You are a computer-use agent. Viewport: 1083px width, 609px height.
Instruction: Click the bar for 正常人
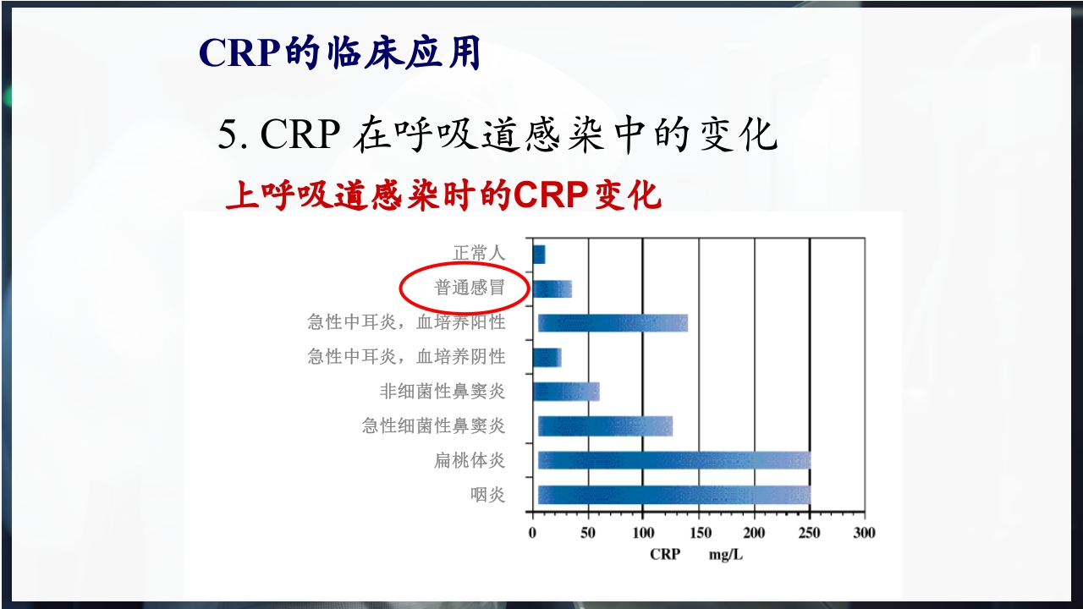tap(539, 254)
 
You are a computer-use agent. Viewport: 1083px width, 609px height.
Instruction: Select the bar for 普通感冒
tap(552, 288)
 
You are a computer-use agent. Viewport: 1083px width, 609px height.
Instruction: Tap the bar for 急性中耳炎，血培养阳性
tap(613, 323)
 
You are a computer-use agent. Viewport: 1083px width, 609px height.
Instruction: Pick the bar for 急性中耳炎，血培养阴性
tap(547, 358)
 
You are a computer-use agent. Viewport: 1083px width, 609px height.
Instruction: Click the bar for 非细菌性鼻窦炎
tap(566, 392)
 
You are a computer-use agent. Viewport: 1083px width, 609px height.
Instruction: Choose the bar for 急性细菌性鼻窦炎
tap(605, 426)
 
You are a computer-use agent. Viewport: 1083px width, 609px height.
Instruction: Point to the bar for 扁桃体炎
tap(674, 460)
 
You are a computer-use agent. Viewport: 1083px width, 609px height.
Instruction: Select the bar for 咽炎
tap(674, 495)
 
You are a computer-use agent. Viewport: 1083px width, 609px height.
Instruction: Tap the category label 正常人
tap(479, 253)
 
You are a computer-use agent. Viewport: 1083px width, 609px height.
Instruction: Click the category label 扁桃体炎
tap(470, 460)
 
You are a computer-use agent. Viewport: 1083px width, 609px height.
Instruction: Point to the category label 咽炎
tap(488, 495)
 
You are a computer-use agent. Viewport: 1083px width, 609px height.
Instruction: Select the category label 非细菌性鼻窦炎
tap(443, 392)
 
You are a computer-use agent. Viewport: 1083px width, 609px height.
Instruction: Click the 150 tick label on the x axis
tap(700, 533)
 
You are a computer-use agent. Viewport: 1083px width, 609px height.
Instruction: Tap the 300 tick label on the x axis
tap(864, 533)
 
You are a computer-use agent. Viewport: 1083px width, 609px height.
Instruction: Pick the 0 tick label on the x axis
tap(532, 533)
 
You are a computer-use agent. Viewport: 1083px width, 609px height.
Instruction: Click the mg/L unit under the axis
tap(725, 555)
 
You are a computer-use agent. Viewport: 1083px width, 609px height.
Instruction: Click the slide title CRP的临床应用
tap(339, 53)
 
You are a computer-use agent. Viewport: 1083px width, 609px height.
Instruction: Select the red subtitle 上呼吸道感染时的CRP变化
tap(443, 196)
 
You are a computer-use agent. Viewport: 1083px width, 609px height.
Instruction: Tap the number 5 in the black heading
tap(227, 135)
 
